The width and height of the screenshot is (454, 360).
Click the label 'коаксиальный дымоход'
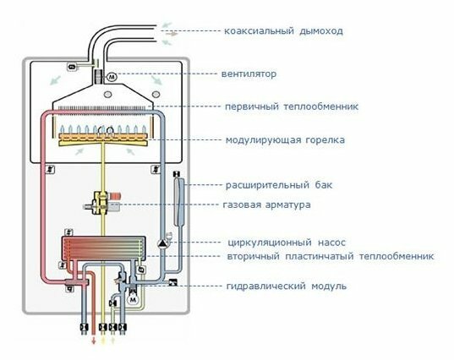tap(283, 30)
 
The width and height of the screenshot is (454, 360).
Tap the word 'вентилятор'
tap(249, 74)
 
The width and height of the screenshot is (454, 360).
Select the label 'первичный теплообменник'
tap(292, 106)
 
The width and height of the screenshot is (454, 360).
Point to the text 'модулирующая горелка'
tap(285, 140)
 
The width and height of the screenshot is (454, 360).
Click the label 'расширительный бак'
tap(279, 185)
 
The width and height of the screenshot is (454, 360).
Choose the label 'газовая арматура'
tap(266, 205)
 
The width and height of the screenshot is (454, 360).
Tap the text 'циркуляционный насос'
tap(287, 243)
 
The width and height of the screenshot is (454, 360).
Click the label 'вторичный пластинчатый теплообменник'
tap(331, 256)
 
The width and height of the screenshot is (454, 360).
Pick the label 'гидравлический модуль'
tap(287, 286)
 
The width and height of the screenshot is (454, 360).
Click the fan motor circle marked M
tap(112, 77)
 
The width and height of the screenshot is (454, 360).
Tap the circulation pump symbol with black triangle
tap(161, 243)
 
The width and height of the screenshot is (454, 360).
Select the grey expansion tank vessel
tap(178, 202)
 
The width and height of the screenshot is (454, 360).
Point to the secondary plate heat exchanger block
tap(103, 248)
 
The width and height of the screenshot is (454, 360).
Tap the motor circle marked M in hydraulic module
tap(133, 299)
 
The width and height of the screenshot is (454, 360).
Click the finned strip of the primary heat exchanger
tap(103, 108)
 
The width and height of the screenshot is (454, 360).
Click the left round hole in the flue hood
tap(107, 95)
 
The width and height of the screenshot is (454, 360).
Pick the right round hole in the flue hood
tap(156, 95)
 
